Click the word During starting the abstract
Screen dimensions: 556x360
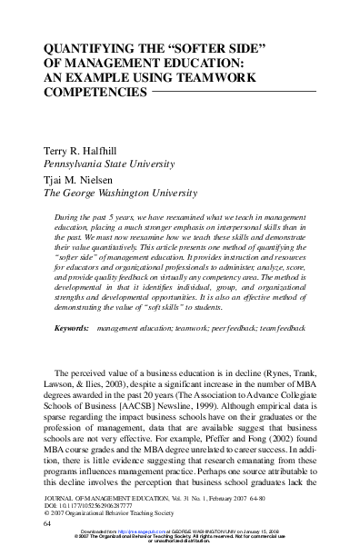tap(68, 220)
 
